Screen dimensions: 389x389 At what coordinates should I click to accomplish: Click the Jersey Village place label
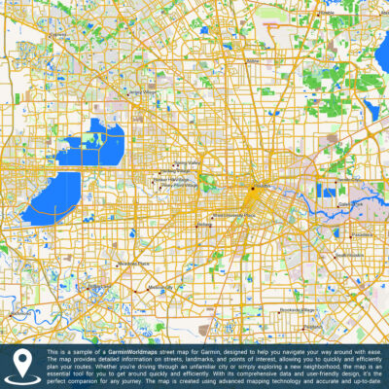coord(143,92)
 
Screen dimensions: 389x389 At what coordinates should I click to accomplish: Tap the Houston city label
coord(264,188)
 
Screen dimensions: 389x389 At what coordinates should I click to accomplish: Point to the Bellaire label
coord(203,225)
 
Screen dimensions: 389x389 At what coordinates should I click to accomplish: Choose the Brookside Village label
coord(297,309)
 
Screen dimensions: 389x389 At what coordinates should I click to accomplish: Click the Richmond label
coord(18,313)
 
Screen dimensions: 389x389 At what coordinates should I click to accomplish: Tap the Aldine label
coord(254,60)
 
